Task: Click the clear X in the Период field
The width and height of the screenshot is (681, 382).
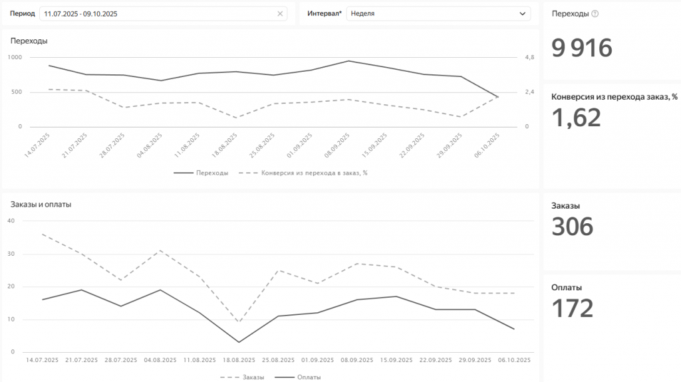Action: click(x=280, y=13)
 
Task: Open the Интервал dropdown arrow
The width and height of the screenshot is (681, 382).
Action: click(x=522, y=13)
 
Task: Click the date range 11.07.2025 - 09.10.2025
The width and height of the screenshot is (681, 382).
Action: click(x=80, y=13)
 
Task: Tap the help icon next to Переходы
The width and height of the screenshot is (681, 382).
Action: click(x=595, y=13)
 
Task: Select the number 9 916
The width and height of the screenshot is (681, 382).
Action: click(x=582, y=48)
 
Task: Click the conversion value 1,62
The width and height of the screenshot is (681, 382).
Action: click(x=577, y=118)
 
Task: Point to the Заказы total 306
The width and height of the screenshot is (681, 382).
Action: click(x=573, y=227)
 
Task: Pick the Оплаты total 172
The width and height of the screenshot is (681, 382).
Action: click(x=573, y=308)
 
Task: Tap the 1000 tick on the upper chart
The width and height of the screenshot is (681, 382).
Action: click(x=15, y=57)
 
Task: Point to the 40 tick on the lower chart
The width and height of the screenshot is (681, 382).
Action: click(x=10, y=221)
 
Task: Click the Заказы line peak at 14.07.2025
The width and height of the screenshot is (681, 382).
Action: click(x=42, y=234)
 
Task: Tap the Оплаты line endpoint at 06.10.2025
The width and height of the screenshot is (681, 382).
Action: click(x=514, y=329)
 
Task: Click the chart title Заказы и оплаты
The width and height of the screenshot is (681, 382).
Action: click(x=41, y=204)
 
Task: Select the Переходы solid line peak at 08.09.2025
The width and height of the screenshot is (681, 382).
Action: click(x=348, y=61)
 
